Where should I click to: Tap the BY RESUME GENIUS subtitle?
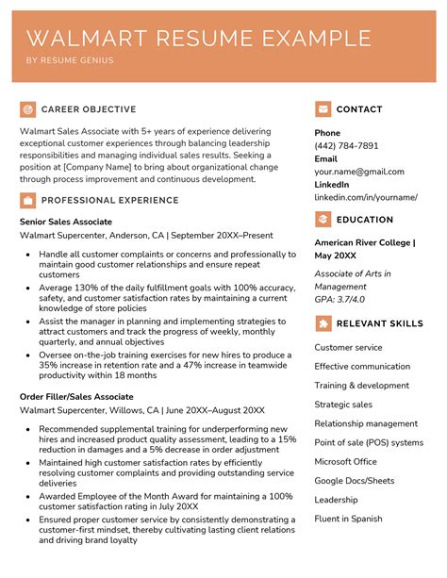tap(69, 61)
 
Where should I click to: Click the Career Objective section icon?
tap(28, 109)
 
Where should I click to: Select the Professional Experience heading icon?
tap(28, 200)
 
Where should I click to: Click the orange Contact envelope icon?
tap(323, 109)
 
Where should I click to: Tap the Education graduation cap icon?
tap(323, 220)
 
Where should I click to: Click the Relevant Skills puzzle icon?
tap(323, 323)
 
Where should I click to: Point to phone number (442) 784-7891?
tap(346, 146)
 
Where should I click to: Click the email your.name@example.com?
tap(359, 173)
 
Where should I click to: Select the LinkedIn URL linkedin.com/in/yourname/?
tap(366, 197)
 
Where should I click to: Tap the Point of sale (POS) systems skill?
tap(369, 442)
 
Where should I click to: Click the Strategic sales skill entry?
tap(343, 405)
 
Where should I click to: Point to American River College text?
tap(363, 242)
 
